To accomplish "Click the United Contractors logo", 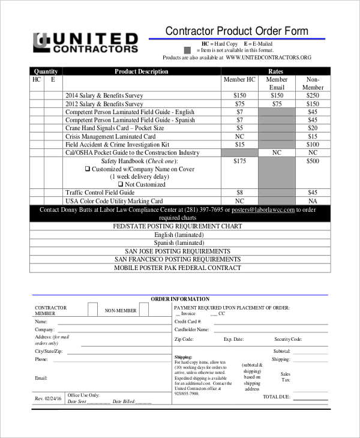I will pyautogui.click(x=85, y=42).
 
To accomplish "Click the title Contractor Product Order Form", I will pyautogui.click(x=236, y=31).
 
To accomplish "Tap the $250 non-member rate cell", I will pyautogui.click(x=313, y=95).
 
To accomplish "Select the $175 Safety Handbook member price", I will pyautogui.click(x=239, y=161).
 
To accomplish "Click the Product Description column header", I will pyautogui.click(x=142, y=71).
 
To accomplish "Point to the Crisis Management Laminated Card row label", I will pyautogui.click(x=110, y=137).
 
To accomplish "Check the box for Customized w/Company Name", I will pyautogui.click(x=88, y=169).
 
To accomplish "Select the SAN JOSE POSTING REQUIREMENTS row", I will pyautogui.click(x=177, y=251).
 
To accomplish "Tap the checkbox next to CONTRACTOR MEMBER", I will pyautogui.click(x=92, y=309).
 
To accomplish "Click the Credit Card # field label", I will pyautogui.click(x=188, y=322).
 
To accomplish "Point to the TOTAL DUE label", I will pyautogui.click(x=276, y=397).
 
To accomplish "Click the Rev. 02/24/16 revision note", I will pyautogui.click(x=47, y=399).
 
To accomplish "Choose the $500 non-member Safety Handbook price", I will pyautogui.click(x=313, y=161).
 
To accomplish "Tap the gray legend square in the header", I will pyautogui.click(x=188, y=50).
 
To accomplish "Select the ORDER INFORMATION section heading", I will pyautogui.click(x=180, y=299).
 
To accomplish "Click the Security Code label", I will pyautogui.click(x=288, y=339).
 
